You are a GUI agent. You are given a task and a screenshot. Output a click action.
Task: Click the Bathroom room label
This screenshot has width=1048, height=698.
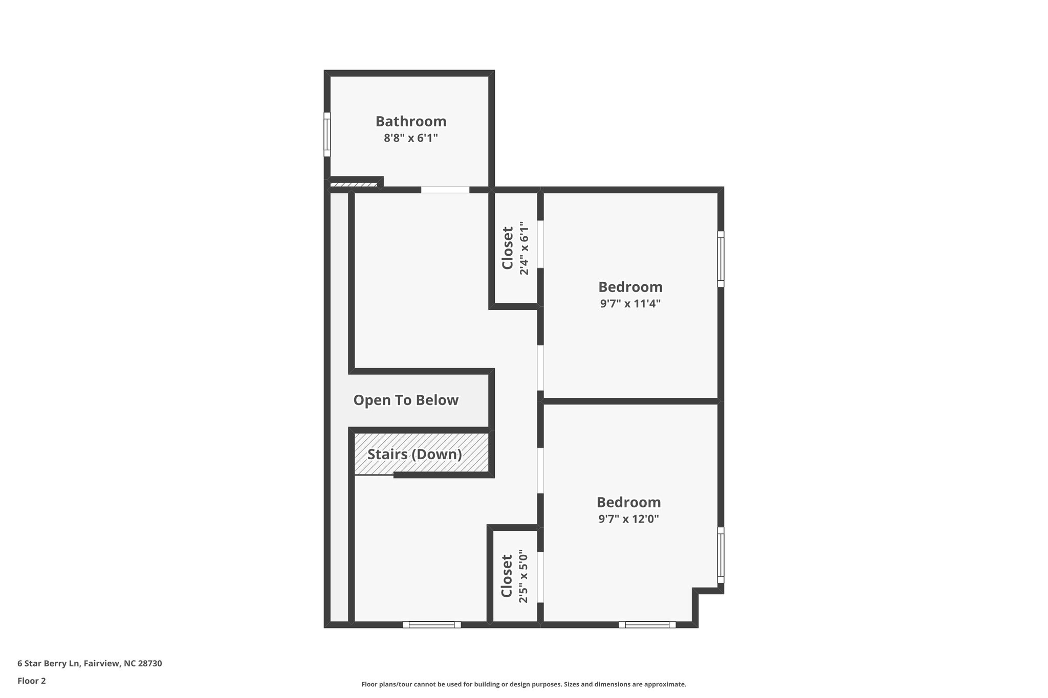pyautogui.click(x=410, y=121)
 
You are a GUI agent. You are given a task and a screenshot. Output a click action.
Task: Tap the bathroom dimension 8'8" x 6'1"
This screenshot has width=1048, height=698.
pyautogui.click(x=410, y=138)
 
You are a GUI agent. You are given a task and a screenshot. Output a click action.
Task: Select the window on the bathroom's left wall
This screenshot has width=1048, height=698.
pyautogui.click(x=327, y=134)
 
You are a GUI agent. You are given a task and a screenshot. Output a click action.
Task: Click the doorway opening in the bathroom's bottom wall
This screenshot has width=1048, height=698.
pyautogui.click(x=445, y=190)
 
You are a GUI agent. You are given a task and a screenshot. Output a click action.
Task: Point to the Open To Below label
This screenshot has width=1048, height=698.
pyautogui.click(x=406, y=400)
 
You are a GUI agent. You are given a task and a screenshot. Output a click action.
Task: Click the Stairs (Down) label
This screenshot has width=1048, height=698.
pyautogui.click(x=414, y=454)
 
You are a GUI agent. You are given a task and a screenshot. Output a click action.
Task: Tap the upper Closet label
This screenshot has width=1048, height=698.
pyautogui.click(x=507, y=248)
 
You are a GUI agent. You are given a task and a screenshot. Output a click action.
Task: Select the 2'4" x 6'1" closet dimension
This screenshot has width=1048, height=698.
pyautogui.click(x=523, y=248)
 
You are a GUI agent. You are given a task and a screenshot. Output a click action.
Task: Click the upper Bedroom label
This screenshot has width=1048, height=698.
pyautogui.click(x=630, y=287)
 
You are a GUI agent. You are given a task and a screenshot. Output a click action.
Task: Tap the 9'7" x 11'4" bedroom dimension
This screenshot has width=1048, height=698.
pyautogui.click(x=630, y=303)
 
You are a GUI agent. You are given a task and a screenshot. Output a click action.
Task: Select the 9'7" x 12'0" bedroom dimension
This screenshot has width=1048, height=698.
pyautogui.click(x=628, y=519)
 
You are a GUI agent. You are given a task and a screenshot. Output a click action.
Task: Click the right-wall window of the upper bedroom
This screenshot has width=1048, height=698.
pyautogui.click(x=720, y=259)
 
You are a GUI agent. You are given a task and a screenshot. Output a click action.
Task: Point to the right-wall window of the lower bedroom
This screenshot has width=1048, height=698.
pyautogui.click(x=720, y=555)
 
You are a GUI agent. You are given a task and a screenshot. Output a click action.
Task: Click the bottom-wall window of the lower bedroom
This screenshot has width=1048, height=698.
pyautogui.click(x=647, y=624)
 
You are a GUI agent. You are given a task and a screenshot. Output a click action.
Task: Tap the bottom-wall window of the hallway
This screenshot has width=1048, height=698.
pyautogui.click(x=431, y=624)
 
